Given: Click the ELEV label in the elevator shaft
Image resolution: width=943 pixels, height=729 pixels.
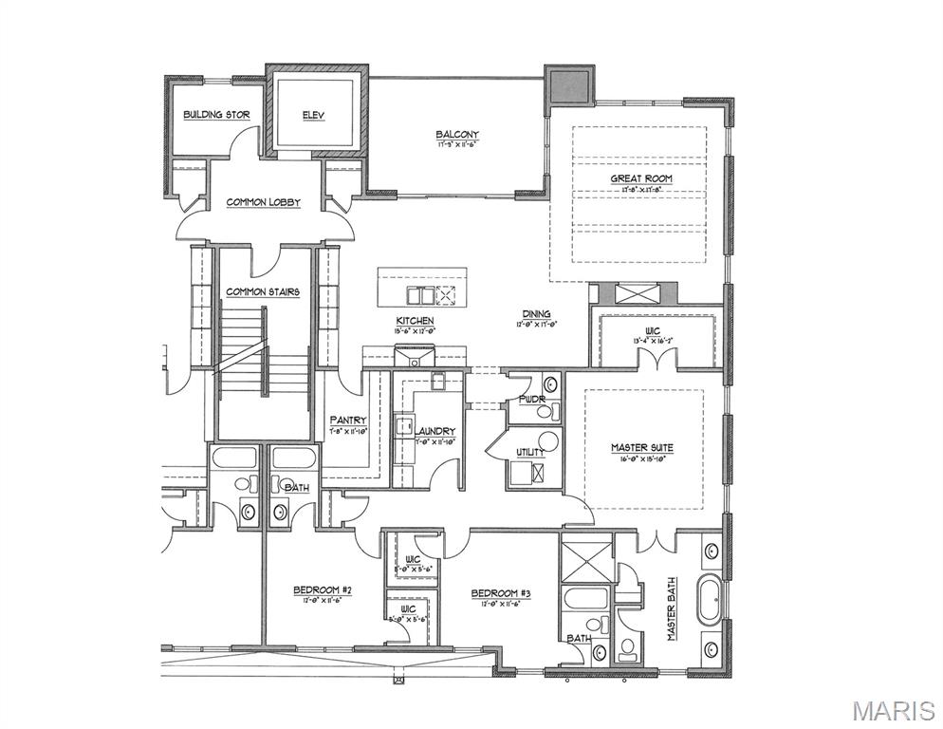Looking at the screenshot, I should (313, 115).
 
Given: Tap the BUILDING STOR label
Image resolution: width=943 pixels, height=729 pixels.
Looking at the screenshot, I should (216, 115).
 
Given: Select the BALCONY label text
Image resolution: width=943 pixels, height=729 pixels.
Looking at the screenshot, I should (457, 135).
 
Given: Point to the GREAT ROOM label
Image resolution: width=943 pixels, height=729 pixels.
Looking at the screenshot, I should (642, 178).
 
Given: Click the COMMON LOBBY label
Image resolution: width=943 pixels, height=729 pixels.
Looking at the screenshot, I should (263, 202).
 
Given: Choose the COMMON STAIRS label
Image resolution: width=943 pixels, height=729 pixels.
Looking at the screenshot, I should (263, 292).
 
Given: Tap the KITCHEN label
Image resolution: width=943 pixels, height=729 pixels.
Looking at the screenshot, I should (415, 321).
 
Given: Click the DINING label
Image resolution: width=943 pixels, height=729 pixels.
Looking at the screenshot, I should (536, 314).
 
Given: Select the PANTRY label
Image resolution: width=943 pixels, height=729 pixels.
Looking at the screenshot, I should (348, 420).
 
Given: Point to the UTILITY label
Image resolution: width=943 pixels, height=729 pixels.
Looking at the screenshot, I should (529, 454).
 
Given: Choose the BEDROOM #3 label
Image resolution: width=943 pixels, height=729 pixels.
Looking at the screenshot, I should (500, 594).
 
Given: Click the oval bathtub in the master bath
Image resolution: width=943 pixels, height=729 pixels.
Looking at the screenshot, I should (709, 601).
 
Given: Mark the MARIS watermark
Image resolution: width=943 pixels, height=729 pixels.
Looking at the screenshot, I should (893, 710).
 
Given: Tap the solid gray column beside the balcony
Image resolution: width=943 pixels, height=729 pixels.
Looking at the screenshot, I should (567, 84).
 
